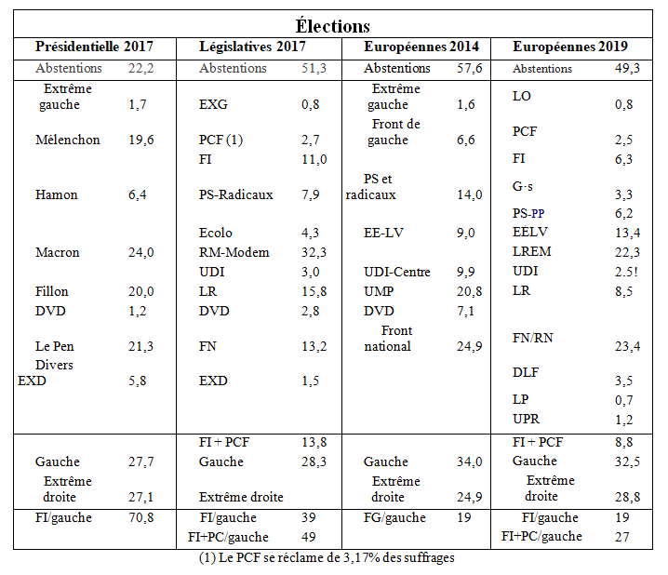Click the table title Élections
[333, 26]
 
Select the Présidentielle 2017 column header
[94, 47]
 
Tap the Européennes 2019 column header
[570, 47]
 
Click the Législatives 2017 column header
[253, 47]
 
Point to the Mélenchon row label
[68, 140]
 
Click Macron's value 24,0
[141, 252]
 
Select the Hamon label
[57, 195]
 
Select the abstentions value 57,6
[469, 69]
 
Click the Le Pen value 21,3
[141, 347]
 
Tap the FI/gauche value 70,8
[141, 518]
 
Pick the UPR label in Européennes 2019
[527, 420]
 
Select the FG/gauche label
[394, 518]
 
